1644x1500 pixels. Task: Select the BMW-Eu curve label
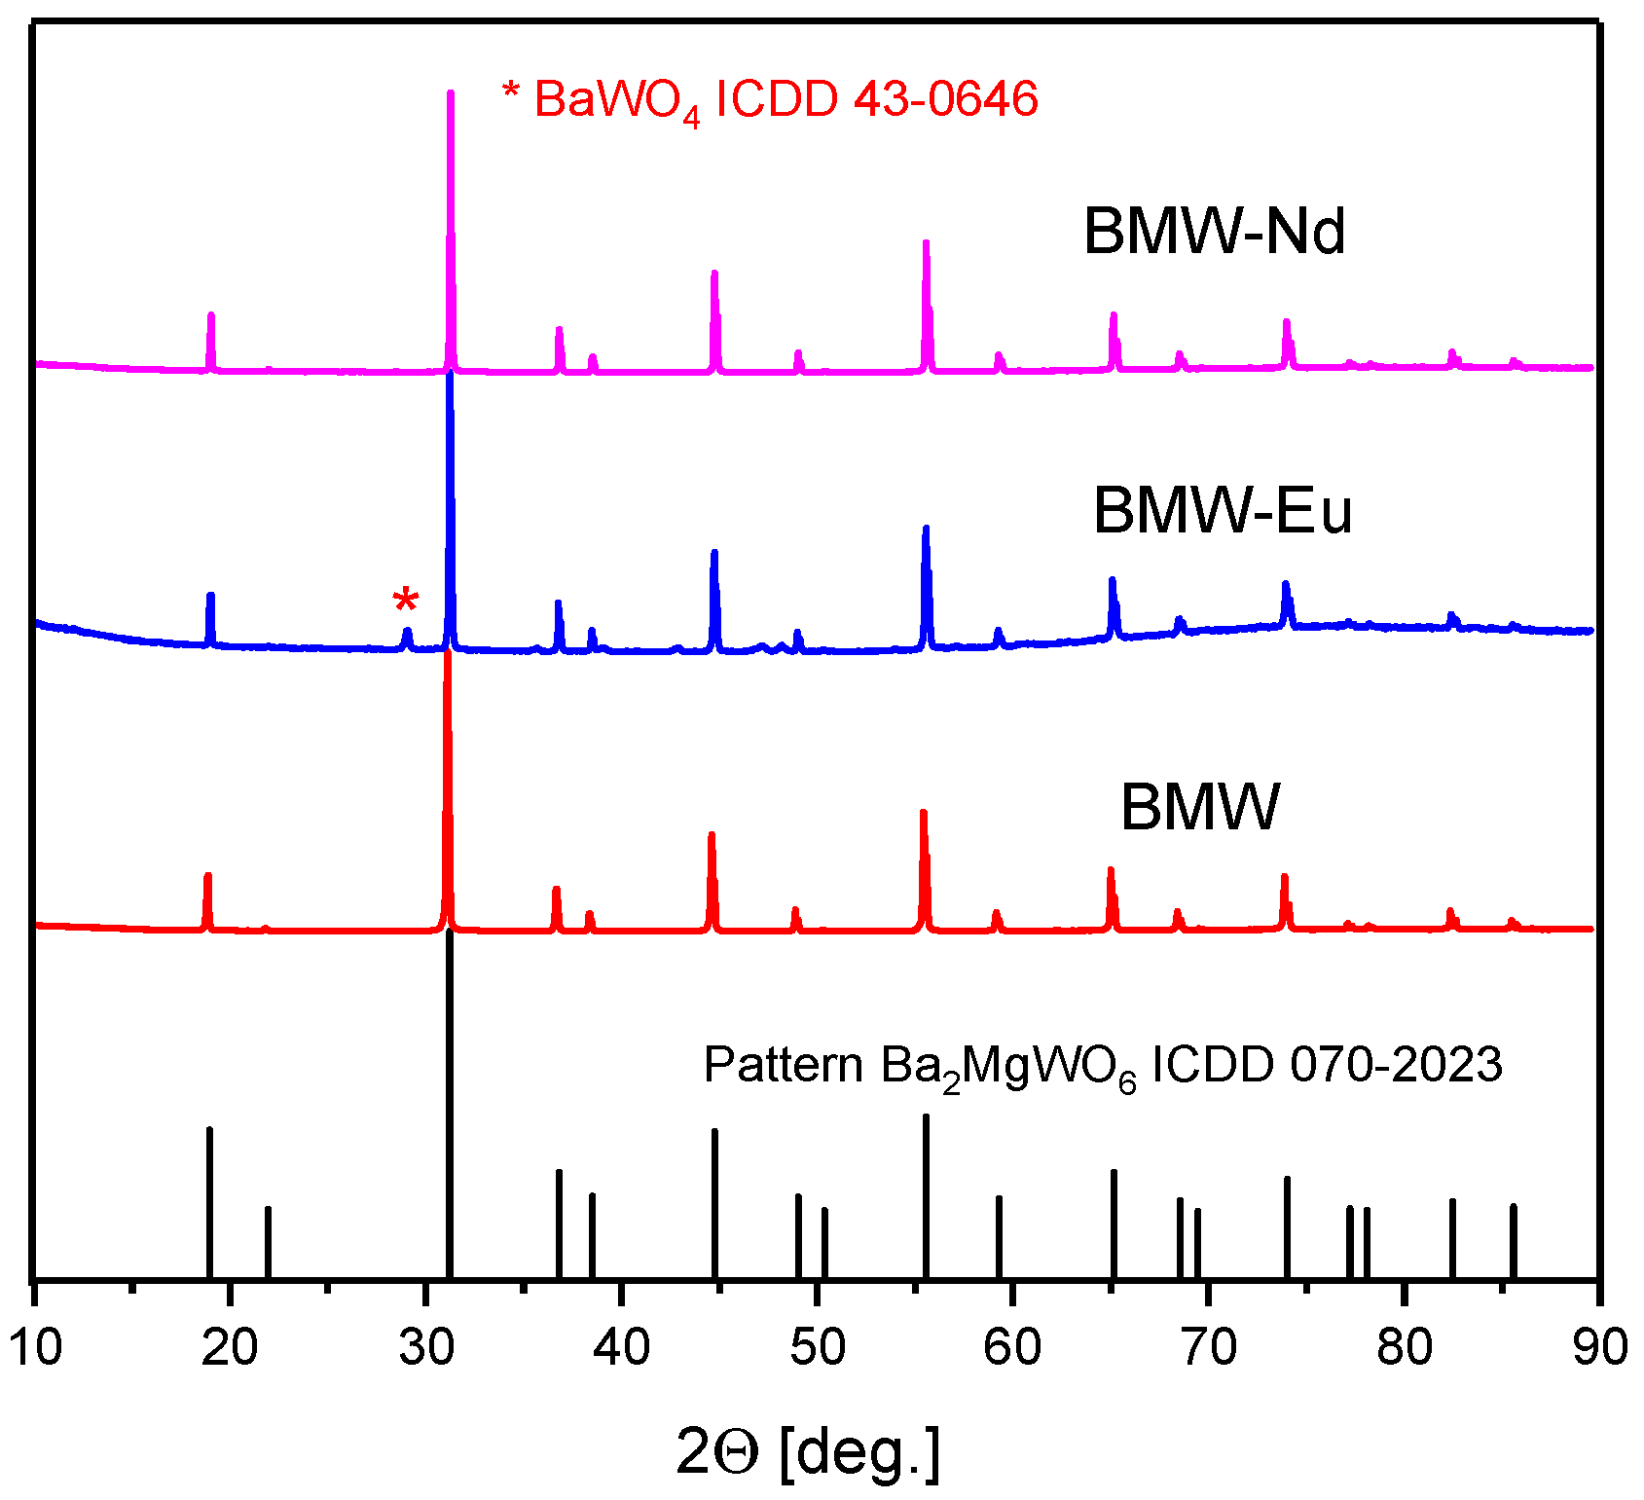[x=1223, y=510]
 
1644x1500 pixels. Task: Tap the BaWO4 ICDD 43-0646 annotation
[x=769, y=100]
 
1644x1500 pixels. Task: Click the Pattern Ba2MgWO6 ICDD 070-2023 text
[x=1102, y=1066]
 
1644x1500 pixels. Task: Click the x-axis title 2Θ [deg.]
[x=808, y=1452]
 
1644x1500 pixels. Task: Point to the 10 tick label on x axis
[x=35, y=1348]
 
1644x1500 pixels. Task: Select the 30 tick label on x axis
[x=426, y=1348]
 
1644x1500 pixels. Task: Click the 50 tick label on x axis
[x=818, y=1348]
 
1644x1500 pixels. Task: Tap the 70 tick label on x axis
[x=1209, y=1348]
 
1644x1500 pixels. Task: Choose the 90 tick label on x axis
[x=1599, y=1348]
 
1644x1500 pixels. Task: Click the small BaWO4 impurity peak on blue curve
[x=407, y=632]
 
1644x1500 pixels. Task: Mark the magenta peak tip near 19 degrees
[x=210, y=315]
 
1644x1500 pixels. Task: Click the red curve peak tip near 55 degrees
[x=923, y=813]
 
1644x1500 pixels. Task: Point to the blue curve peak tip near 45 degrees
[x=714, y=553]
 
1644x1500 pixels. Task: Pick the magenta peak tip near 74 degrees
[x=1286, y=322]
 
